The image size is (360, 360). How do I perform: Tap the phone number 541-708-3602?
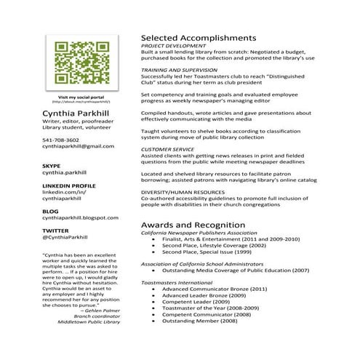(61, 140)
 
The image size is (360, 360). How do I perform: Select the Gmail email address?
(79, 146)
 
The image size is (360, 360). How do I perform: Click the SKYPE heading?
(51, 166)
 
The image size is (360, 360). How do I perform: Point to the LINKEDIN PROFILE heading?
(69, 185)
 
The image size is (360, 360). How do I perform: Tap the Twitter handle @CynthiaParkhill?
(65, 237)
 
